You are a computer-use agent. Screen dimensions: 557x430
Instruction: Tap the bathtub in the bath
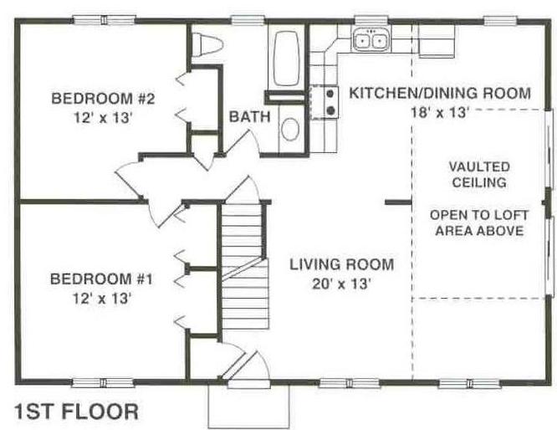pos(286,59)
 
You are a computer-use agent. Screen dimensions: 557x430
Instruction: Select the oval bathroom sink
pos(290,129)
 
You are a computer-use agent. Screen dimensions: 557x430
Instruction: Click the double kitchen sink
pos(370,39)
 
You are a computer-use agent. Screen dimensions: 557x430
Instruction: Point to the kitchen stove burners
pos(330,102)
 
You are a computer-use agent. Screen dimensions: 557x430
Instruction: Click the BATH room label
pos(250,116)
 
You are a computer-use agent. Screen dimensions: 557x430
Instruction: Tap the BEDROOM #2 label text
pos(103,99)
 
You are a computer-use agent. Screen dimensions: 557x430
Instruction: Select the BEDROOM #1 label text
pos(101,279)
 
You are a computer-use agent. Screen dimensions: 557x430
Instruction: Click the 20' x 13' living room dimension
pos(342,284)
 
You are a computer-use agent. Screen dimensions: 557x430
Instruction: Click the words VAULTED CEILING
pos(479,175)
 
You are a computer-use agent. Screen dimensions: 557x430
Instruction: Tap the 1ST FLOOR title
pos(76,412)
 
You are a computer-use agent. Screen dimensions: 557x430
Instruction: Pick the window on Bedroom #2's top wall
pos(104,19)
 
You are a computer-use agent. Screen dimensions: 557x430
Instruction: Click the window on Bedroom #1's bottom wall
pos(103,383)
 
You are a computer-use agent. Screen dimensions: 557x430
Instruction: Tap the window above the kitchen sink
pos(371,20)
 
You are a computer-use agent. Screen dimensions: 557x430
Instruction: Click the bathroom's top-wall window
pos(248,20)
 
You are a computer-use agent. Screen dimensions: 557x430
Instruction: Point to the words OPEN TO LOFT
pos(479,215)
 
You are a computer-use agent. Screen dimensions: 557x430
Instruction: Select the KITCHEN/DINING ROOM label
pos(440,93)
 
